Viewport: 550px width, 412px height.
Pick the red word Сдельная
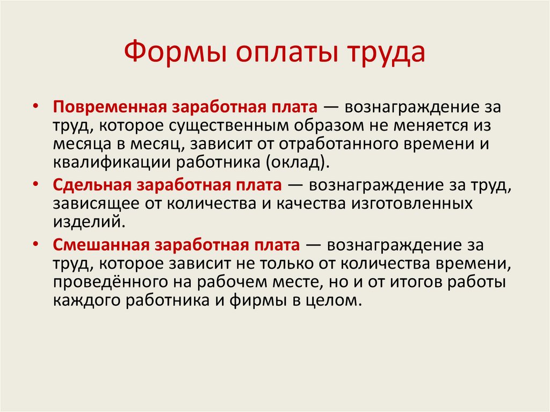coord(92,185)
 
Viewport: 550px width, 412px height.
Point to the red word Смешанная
coord(100,244)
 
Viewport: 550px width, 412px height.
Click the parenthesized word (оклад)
coord(298,163)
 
